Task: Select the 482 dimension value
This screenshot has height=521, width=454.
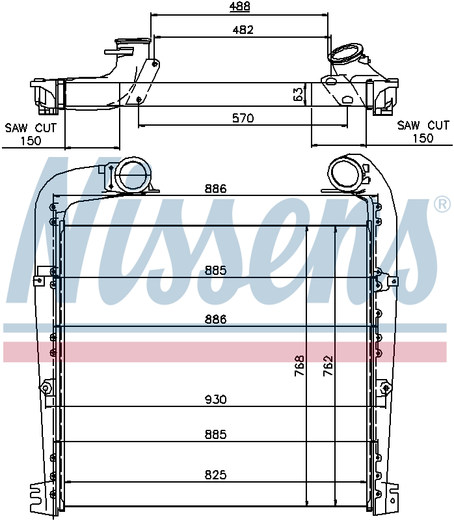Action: point(242,29)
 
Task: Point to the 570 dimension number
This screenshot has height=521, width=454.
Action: point(242,118)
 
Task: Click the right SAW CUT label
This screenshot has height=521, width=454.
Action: point(423,125)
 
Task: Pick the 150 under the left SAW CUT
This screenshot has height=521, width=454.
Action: point(31,140)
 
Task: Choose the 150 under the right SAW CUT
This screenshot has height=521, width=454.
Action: point(423,138)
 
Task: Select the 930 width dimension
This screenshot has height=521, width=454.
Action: point(215,399)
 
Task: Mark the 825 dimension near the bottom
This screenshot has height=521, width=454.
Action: point(215,475)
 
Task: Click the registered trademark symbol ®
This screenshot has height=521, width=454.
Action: point(441,205)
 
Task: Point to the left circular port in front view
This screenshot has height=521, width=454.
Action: point(132,175)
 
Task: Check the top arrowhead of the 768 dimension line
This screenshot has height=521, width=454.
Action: point(306,229)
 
